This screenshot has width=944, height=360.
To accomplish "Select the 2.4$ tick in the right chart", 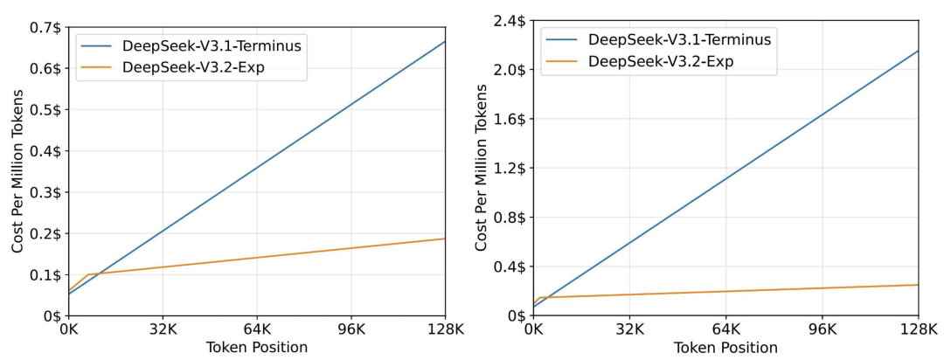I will click(x=510, y=21).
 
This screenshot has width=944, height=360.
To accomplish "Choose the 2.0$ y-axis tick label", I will click(x=510, y=70).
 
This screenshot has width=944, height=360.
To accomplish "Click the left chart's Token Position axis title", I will click(x=257, y=348).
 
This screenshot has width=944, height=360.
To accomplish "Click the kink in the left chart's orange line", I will click(x=87, y=274).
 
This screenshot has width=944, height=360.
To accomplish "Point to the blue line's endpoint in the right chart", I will click(x=918, y=51).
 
